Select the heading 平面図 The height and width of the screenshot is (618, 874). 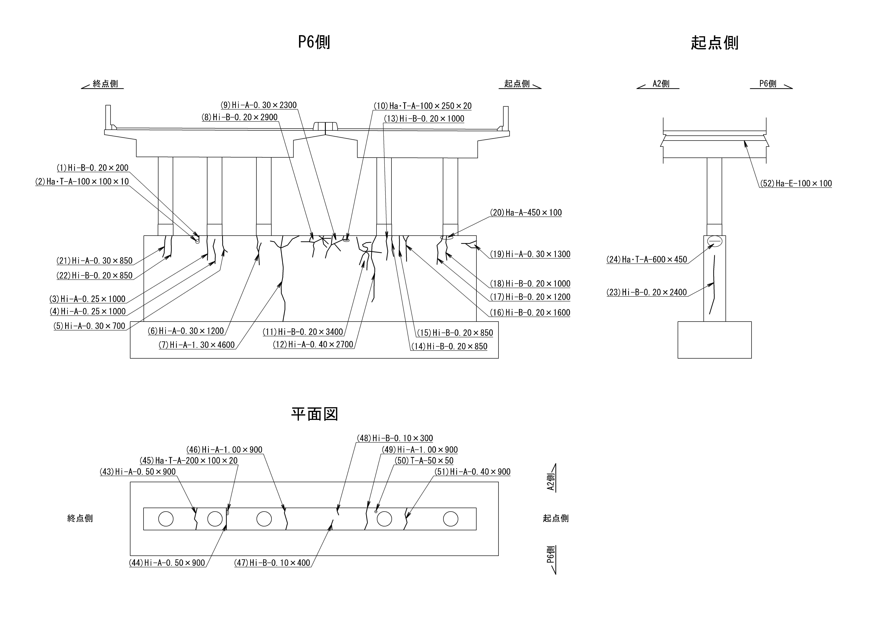point(314,414)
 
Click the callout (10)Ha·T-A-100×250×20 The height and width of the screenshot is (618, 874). point(422,106)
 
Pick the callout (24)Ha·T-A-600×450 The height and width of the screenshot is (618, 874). point(647,260)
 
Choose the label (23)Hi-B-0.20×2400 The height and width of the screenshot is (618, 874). point(647,292)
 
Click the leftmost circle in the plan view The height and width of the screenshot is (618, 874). point(166,519)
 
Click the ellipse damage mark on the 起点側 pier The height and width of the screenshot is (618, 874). point(715,241)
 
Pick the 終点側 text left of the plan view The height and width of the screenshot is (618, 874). point(80,518)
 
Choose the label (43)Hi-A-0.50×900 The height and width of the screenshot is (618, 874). point(138,472)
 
